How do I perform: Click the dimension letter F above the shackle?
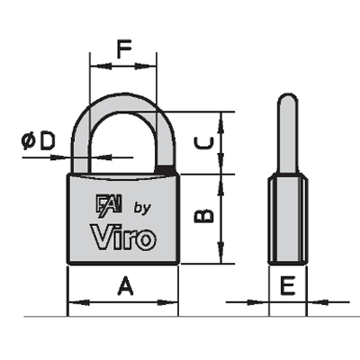click(124, 49)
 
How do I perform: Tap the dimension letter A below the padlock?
click(125, 286)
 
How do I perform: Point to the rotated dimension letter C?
click(204, 143)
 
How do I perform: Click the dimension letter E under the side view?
click(288, 286)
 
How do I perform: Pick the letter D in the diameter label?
click(48, 141)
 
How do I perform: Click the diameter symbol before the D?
click(29, 141)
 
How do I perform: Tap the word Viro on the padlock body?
click(123, 238)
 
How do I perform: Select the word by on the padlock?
click(142, 209)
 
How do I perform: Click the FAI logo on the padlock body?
click(109, 206)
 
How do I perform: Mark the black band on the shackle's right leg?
click(165, 170)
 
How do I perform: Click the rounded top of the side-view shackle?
click(288, 99)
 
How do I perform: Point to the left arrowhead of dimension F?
click(101, 67)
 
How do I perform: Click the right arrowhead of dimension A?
click(168, 303)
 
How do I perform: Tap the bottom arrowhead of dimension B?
click(221, 253)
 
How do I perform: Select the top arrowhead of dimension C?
click(221, 123)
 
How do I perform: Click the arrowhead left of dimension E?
click(258, 302)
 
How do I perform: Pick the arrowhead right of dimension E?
click(318, 302)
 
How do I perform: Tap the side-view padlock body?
click(288, 219)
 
